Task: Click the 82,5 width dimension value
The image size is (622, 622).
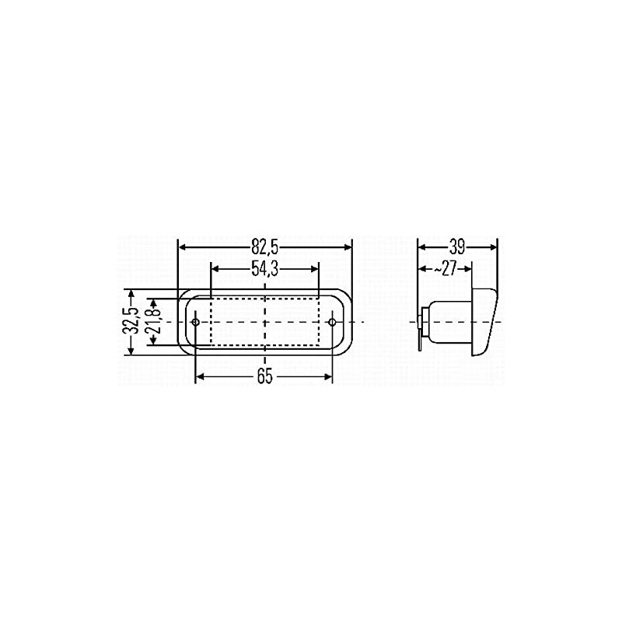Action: [264, 247]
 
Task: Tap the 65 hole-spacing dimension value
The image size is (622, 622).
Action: [264, 377]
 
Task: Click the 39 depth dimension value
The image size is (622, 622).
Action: [457, 247]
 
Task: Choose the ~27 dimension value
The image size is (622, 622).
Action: [446, 268]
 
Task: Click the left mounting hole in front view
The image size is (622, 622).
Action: [195, 322]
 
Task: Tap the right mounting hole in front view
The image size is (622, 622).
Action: [333, 322]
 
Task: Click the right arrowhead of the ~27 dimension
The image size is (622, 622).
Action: [467, 268]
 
